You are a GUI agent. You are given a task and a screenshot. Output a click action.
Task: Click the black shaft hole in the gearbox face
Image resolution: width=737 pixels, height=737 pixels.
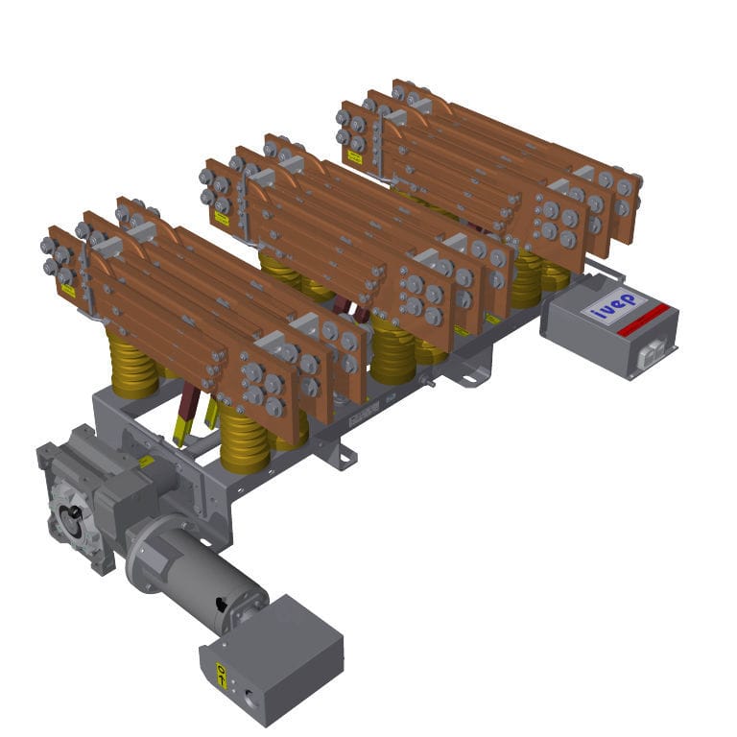tap(73, 519)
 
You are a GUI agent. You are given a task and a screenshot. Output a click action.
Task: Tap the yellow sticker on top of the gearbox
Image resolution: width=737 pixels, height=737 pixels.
tap(146, 462)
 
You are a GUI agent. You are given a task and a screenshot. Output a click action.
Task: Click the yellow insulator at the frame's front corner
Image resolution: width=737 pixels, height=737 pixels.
tap(246, 438)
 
